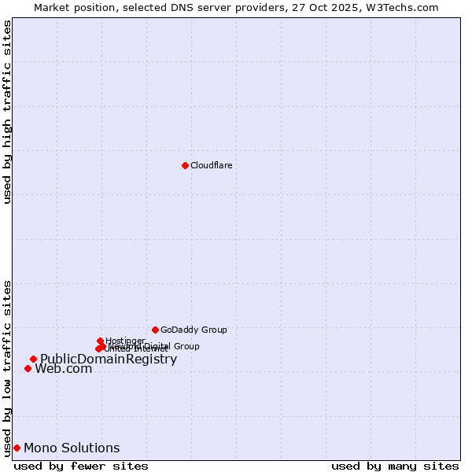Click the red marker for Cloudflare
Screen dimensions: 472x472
pos(185,165)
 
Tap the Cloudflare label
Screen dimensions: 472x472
pos(211,165)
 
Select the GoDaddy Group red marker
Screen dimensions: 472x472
pos(155,330)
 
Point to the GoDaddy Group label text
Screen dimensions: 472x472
pos(194,330)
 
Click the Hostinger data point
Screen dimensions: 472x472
pos(100,341)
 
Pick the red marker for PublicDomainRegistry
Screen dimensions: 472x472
pos(33,360)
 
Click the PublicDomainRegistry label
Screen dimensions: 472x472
pos(109,360)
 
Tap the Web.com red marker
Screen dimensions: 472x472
pos(28,368)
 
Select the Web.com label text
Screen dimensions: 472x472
pos(63,369)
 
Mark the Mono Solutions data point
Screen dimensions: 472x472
pos(17,448)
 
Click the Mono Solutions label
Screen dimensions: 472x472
pos(72,448)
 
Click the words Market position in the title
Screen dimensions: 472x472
pos(71,7)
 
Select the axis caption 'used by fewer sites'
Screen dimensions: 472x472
pos(81,466)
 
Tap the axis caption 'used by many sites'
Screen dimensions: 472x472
pos(395,466)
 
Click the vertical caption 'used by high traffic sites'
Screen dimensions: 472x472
pos(7,112)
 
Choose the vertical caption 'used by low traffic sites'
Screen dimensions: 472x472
pos(7,367)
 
